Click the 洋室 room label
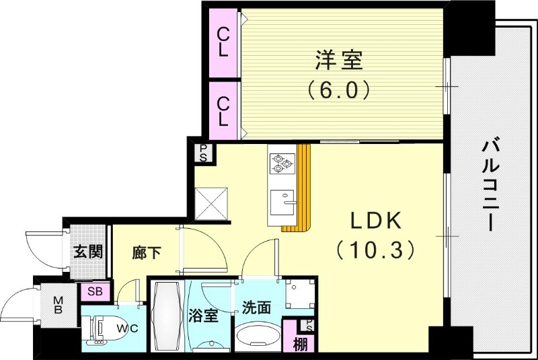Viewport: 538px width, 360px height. (338, 61)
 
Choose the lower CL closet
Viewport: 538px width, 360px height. (223, 111)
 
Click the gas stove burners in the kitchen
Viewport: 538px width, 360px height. (280, 162)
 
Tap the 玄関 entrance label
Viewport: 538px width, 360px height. (88, 252)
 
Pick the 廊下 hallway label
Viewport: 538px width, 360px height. (147, 253)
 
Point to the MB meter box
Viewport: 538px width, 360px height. (59, 305)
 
